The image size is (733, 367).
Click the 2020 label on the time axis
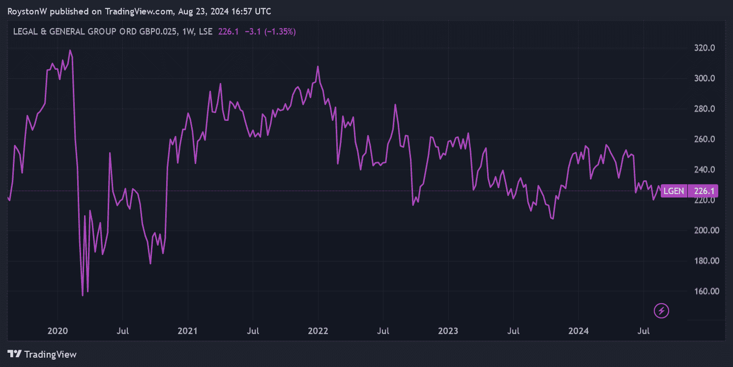(58, 331)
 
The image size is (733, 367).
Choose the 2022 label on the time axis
(319, 331)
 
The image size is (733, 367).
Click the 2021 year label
(188, 331)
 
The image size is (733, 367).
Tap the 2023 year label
(448, 331)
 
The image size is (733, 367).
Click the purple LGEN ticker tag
(673, 191)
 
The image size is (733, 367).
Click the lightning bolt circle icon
(661, 311)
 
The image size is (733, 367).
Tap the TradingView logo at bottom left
(42, 354)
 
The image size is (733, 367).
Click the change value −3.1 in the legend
(250, 32)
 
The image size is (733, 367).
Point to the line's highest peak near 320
(70, 50)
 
